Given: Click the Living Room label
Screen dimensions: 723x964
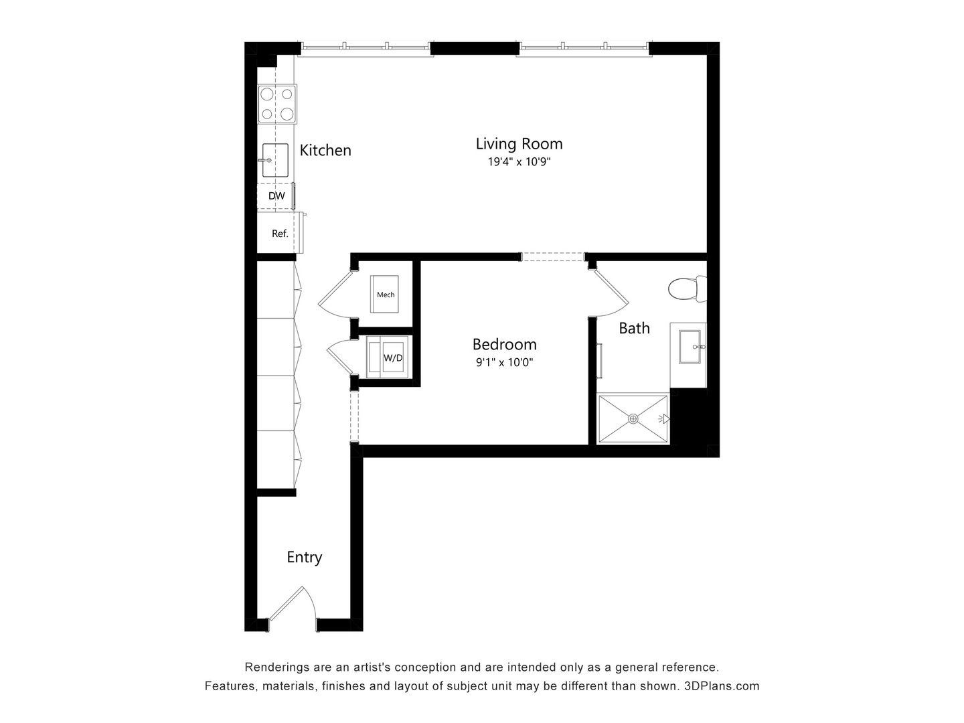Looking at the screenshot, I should [x=519, y=144].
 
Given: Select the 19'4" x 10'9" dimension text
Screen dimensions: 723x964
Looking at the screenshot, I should [x=519, y=162].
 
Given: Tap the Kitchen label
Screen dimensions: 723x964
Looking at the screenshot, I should [x=325, y=150].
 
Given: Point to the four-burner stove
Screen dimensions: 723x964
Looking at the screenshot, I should [x=277, y=104].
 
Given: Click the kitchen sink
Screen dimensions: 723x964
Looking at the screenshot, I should [x=275, y=160].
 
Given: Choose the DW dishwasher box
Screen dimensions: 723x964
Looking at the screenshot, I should [x=276, y=196].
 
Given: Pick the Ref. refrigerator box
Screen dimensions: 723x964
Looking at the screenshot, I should [x=279, y=234].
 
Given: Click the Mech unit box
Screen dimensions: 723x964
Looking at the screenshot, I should [x=386, y=294].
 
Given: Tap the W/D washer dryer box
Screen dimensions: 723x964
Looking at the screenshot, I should [x=392, y=357].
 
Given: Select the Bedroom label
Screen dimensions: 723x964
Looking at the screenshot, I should [x=504, y=344].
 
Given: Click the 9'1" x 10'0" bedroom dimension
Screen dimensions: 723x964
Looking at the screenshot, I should [x=504, y=363].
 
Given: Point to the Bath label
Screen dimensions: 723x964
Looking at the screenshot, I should [x=634, y=328].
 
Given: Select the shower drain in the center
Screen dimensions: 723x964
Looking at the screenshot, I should [x=633, y=419].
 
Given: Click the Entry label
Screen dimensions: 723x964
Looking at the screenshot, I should [x=305, y=557].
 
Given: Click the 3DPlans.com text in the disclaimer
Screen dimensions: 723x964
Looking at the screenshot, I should [x=722, y=686].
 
